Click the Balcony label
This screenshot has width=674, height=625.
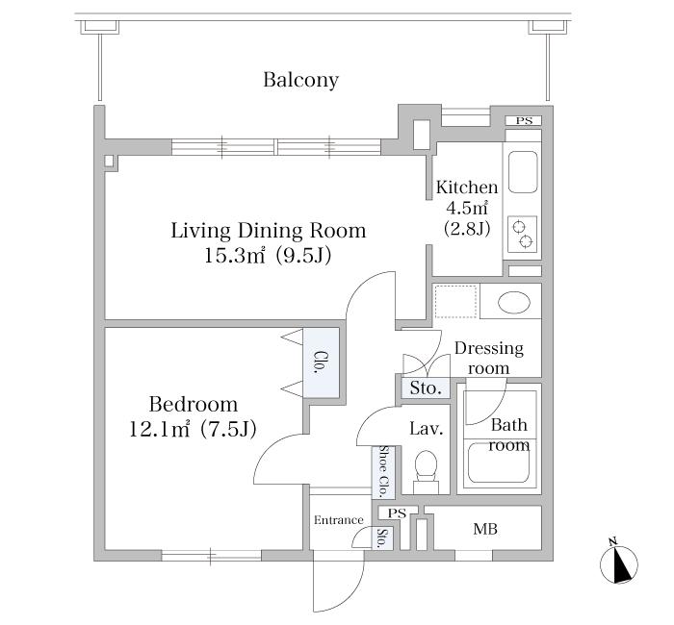300,80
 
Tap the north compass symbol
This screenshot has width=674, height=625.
618,563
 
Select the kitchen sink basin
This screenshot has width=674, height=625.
523,172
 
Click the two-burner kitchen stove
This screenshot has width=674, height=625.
522,234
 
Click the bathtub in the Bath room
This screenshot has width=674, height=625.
499,462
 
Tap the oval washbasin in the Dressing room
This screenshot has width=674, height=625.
513,302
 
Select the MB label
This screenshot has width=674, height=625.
485,529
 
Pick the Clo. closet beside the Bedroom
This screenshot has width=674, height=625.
321,362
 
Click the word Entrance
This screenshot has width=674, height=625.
338,520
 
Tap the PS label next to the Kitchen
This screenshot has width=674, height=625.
524,121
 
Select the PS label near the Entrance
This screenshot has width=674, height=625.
397,513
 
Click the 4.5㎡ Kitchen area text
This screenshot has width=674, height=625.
467,209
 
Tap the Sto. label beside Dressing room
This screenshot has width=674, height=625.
426,388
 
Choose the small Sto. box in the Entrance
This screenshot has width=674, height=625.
381,538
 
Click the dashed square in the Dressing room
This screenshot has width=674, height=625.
455,301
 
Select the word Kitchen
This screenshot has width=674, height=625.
467,187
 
